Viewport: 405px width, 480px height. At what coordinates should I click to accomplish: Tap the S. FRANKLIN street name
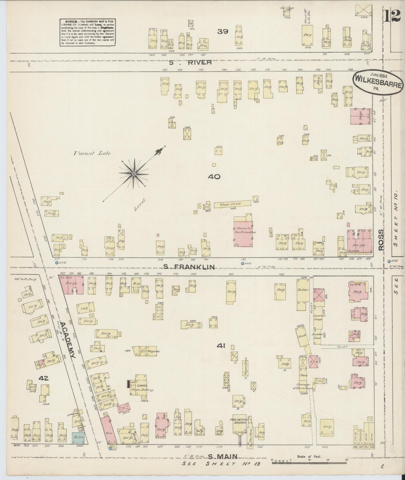tap(189, 267)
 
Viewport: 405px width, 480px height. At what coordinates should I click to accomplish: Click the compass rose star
tap(134, 174)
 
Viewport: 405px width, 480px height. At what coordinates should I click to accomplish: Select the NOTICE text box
tap(88, 32)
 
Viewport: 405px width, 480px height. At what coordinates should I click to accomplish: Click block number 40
tap(214, 176)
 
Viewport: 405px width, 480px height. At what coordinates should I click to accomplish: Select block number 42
tap(44, 379)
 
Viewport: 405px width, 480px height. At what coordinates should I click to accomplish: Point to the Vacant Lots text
tap(92, 153)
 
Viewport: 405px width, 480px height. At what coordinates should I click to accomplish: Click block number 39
tap(223, 31)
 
